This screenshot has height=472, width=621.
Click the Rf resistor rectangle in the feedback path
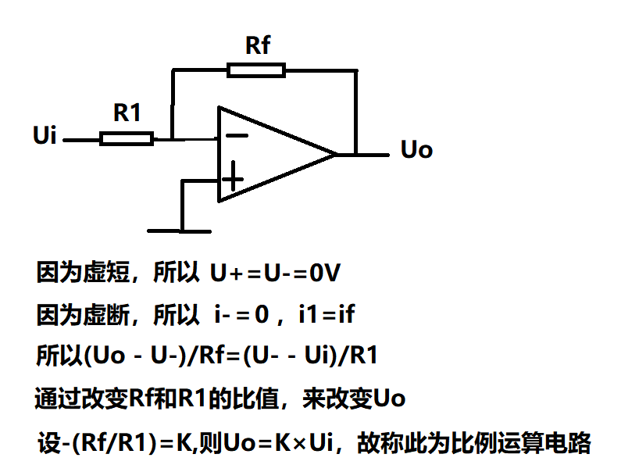[x=256, y=70]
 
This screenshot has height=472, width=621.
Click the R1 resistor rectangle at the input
[x=126, y=139]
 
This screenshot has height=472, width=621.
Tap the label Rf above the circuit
[x=258, y=45]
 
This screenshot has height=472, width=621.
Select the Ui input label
[x=45, y=136]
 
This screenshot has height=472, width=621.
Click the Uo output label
[x=416, y=150]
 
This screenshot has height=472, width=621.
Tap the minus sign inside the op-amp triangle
[x=237, y=135]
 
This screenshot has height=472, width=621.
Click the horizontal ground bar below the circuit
[x=180, y=231]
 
